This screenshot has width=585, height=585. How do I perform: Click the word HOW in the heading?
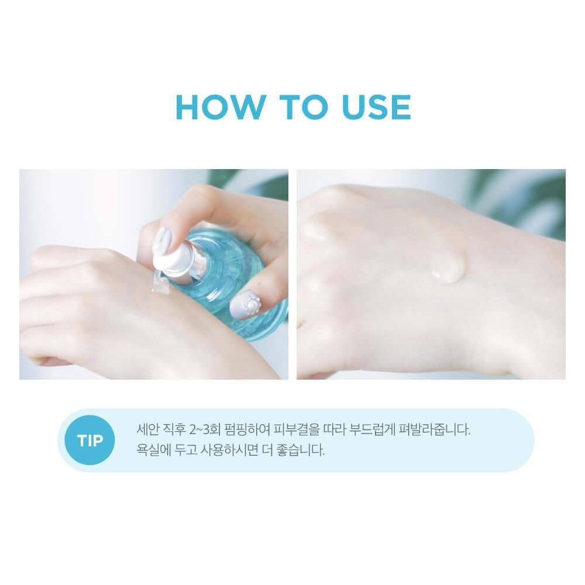coord(220,108)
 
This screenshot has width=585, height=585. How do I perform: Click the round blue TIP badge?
coord(90,441)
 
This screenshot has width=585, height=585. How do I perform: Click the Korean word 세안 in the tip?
coord(147,429)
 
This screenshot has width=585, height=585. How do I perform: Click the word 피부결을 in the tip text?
coord(296,429)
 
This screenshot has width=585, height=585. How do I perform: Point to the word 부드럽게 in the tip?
coord(372,429)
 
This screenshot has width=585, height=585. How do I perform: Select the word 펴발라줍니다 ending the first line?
coord(434,429)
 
